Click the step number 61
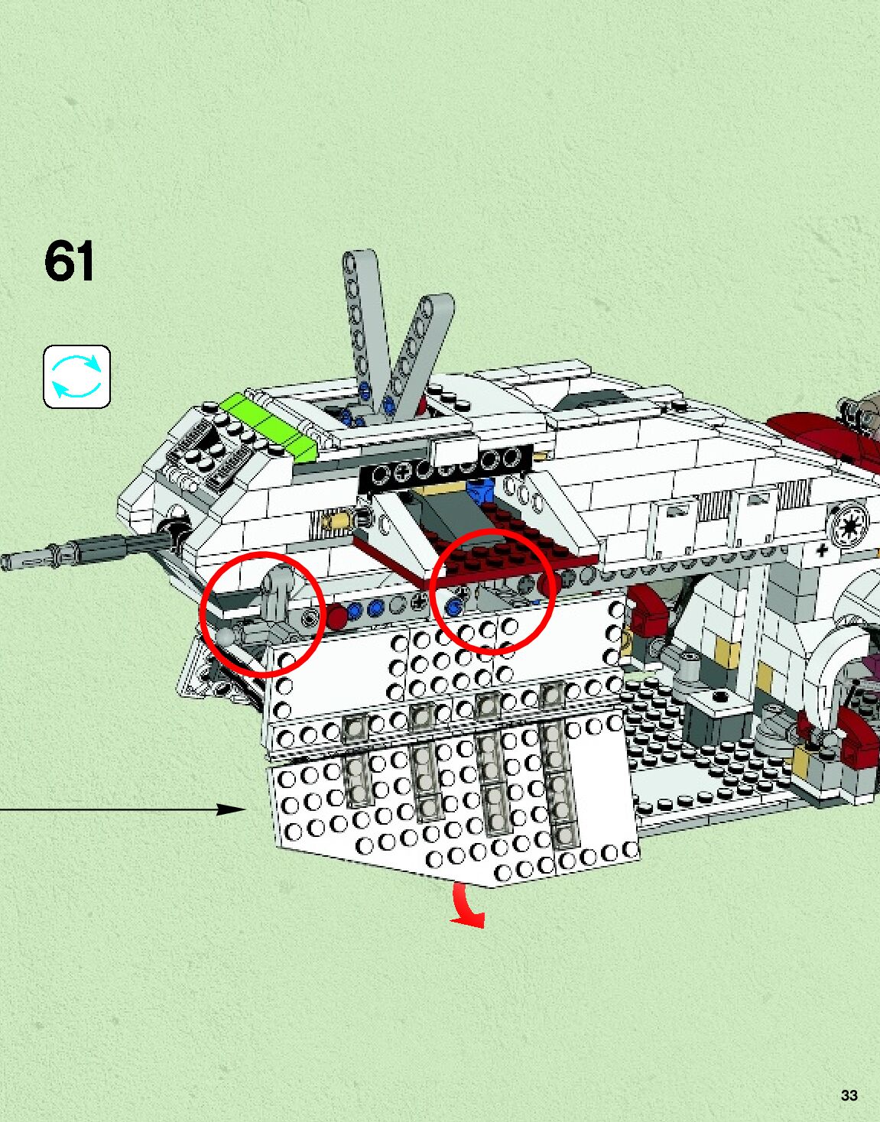pos(70,261)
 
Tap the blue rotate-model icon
pos(76,376)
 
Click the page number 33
pos(849,1094)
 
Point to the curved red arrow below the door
pos(466,906)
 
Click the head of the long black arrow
pos(233,809)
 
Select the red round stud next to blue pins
pos(336,615)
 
